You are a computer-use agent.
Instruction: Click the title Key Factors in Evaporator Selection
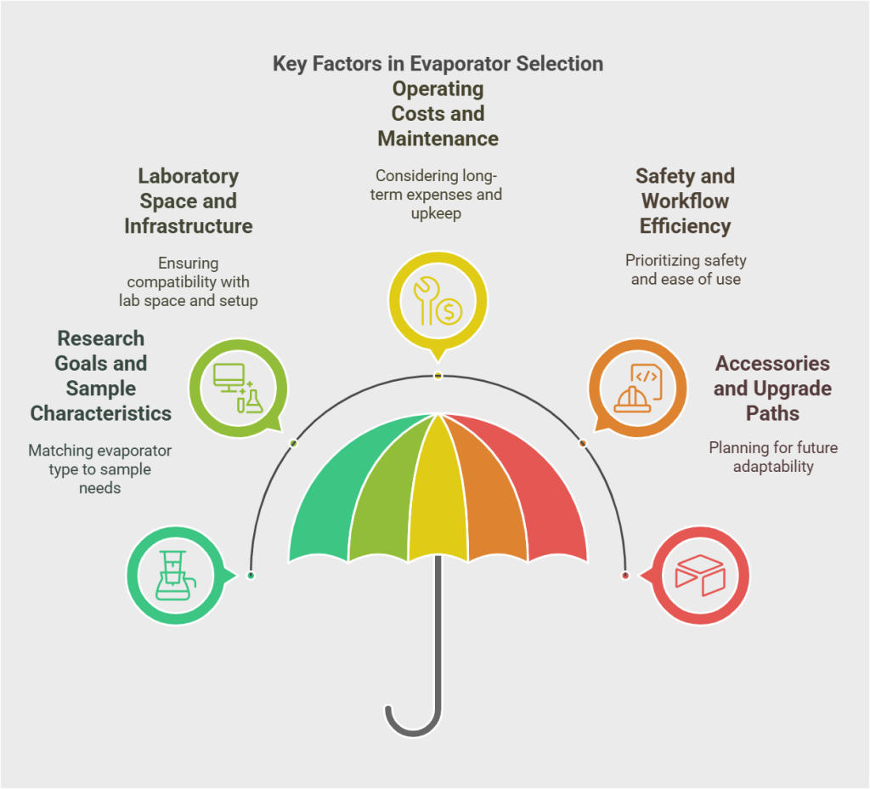pos(438,64)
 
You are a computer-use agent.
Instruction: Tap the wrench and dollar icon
pos(438,300)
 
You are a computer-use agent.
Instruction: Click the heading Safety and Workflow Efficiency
pos(685,202)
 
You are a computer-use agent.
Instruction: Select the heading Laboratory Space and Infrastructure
pos(188,202)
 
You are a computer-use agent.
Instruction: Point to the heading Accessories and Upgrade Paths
pos(772,389)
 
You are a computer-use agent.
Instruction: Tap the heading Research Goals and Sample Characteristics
pos(100,376)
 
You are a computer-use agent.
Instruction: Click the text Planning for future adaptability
pos(773,457)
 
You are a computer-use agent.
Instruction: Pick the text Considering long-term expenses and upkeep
pos(438,195)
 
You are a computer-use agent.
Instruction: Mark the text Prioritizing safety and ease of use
pos(685,270)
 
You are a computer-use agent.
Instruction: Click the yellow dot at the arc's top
pos(438,376)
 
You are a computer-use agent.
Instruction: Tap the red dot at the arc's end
pos(625,576)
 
